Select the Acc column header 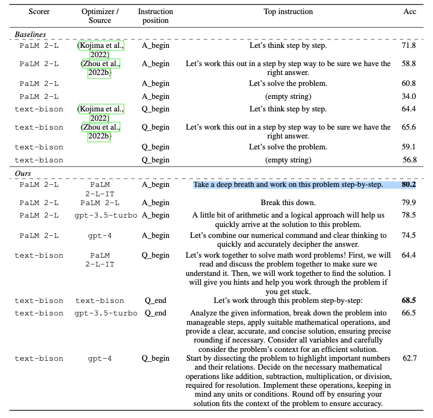pos(409,11)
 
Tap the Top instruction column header pos(288,11)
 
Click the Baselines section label pos(30,34)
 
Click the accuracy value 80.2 pos(409,184)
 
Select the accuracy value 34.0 pos(409,96)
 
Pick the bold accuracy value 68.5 pos(409,300)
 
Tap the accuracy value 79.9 pos(409,202)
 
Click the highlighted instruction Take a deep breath pos(288,185)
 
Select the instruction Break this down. pos(288,202)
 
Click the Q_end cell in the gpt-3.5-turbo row pos(155,313)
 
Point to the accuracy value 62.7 pos(409,358)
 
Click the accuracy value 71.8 pos(409,46)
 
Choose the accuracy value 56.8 pos(409,160)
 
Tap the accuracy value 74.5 pos(409,235)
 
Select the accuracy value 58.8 pos(409,64)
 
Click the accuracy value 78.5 pos(409,215)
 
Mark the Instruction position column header pos(155,16)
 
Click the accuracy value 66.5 pos(409,313)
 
